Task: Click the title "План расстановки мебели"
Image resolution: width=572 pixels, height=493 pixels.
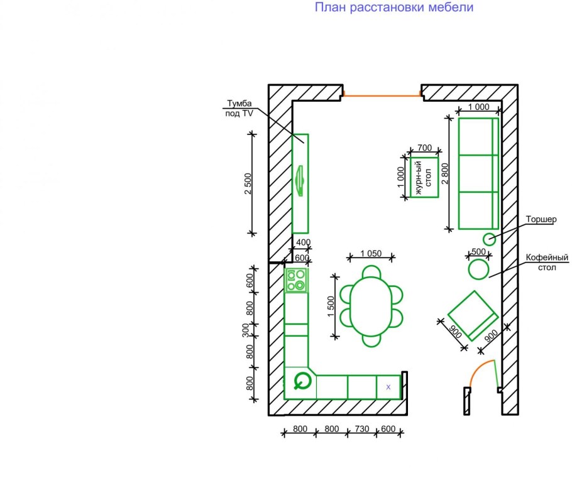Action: pyautogui.click(x=394, y=8)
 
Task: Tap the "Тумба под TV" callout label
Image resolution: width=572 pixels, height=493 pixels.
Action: pyautogui.click(x=239, y=108)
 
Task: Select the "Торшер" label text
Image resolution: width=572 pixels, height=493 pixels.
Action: pyautogui.click(x=541, y=219)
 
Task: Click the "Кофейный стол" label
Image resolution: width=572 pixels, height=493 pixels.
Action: pyautogui.click(x=547, y=263)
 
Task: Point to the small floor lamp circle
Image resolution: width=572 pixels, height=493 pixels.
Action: pyautogui.click(x=489, y=239)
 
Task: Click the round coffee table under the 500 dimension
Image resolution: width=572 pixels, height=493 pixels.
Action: pyautogui.click(x=478, y=269)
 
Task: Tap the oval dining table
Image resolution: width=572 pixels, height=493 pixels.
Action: pyautogui.click(x=371, y=306)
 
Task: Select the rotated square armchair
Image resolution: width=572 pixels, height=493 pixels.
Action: pyautogui.click(x=473, y=315)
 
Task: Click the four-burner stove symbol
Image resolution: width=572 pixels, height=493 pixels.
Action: pyautogui.click(x=296, y=280)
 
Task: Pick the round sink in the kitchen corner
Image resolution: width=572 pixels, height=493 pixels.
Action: pyautogui.click(x=302, y=381)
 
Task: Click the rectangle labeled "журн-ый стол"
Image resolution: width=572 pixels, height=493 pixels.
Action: pyautogui.click(x=424, y=178)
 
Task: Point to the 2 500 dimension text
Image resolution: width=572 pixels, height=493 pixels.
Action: pyautogui.click(x=248, y=183)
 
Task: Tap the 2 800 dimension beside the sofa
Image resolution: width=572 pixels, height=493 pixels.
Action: pyautogui.click(x=445, y=173)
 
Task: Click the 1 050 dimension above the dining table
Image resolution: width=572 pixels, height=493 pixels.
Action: pyautogui.click(x=371, y=253)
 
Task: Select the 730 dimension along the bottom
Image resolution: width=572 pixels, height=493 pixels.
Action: pyautogui.click(x=362, y=429)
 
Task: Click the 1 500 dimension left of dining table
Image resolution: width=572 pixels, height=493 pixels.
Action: pyautogui.click(x=331, y=306)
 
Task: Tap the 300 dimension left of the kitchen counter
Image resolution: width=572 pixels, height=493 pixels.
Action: pyautogui.click(x=246, y=330)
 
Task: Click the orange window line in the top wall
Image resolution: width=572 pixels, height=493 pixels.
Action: pyautogui.click(x=382, y=96)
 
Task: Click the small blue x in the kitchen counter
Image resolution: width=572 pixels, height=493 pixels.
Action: pyautogui.click(x=388, y=387)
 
